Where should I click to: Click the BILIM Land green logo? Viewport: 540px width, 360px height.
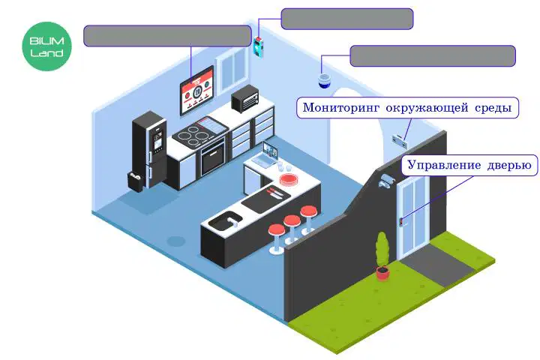click(x=46, y=46)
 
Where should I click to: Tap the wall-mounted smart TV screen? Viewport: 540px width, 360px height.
click(x=197, y=90)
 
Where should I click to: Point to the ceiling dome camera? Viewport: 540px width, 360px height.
click(x=324, y=80)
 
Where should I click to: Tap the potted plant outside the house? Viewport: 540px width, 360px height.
click(x=382, y=256)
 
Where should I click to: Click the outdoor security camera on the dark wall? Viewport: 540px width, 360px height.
click(x=386, y=181)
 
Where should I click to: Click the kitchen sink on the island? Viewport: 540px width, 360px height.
click(x=225, y=220)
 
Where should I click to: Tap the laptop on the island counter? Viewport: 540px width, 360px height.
click(x=265, y=155)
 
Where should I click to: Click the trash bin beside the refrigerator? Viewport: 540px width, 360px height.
click(x=135, y=181)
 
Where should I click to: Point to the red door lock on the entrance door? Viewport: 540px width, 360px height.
click(x=401, y=222)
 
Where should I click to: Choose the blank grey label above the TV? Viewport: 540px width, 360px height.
click(x=168, y=36)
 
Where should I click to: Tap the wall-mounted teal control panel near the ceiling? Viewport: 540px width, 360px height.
click(x=259, y=46)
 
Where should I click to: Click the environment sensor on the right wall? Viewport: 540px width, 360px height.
click(x=400, y=141)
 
